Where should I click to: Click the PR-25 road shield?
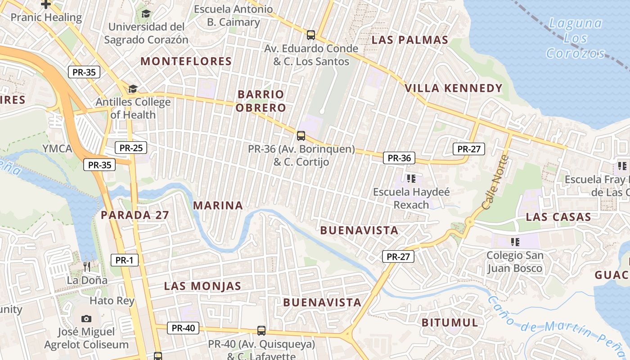pyautogui.click(x=131, y=148)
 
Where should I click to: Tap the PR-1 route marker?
pyautogui.click(x=125, y=260)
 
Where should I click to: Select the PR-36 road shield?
pyautogui.click(x=399, y=158)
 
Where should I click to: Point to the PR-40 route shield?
pyautogui.click(x=183, y=328)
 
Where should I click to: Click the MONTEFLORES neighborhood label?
pyautogui.click(x=186, y=62)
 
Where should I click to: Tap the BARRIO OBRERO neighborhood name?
pyautogui.click(x=261, y=101)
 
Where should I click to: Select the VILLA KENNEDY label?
pyautogui.click(x=454, y=88)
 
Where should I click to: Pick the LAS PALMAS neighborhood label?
pyautogui.click(x=410, y=40)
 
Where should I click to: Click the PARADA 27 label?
pyautogui.click(x=135, y=215)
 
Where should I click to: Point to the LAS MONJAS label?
pyautogui.click(x=202, y=286)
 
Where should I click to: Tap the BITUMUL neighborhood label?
pyautogui.click(x=450, y=322)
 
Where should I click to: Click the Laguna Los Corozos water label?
pyautogui.click(x=576, y=38)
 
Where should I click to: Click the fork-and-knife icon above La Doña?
pyautogui.click(x=87, y=267)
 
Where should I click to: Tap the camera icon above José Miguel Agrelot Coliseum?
pyautogui.click(x=86, y=319)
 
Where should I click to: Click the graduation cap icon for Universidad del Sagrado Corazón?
pyautogui.click(x=146, y=14)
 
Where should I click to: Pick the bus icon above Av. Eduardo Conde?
pyautogui.click(x=310, y=35)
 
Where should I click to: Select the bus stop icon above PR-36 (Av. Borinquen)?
pyautogui.click(x=301, y=135)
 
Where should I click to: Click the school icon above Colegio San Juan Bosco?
pyautogui.click(x=515, y=242)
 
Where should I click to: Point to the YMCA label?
pyautogui.click(x=57, y=148)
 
